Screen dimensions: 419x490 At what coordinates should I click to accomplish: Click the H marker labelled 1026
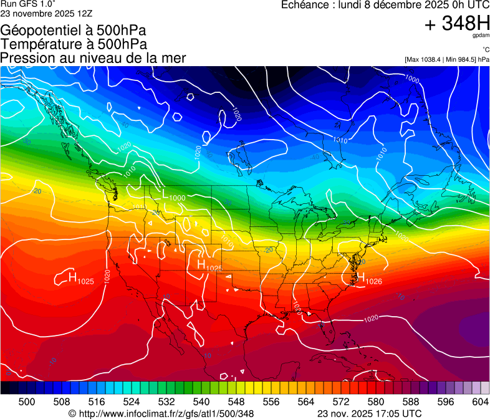pos(360,279)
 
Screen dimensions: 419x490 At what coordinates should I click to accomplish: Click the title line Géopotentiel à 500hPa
pos(74,31)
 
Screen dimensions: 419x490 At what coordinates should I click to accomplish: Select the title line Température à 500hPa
pos(74,44)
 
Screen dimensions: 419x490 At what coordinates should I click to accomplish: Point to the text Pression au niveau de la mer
pos(93,58)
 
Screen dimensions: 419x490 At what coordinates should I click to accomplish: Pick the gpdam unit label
pos(481,37)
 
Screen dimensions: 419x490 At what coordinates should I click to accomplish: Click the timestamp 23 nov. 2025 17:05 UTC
pos(369,413)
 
